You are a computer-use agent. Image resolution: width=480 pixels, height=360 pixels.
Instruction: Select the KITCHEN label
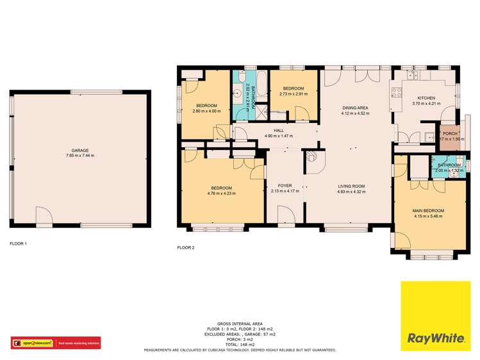[426, 97]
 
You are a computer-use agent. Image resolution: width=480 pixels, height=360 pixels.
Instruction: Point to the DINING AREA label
[353, 108]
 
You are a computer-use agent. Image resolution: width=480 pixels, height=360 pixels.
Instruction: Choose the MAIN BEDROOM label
[428, 210]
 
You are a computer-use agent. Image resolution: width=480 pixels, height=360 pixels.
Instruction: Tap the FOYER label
[286, 185]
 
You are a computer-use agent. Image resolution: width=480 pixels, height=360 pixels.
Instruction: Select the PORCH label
[450, 133]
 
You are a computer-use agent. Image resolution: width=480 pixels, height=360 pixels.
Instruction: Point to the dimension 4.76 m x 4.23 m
[221, 193]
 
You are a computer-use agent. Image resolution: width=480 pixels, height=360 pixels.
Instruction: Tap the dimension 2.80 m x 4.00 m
[206, 111]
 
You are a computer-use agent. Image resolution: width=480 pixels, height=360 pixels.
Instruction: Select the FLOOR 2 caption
[185, 247]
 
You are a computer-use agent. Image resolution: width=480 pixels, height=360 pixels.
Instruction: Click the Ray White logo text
[435, 337]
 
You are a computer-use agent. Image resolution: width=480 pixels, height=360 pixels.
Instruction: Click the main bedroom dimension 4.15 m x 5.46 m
[428, 217]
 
